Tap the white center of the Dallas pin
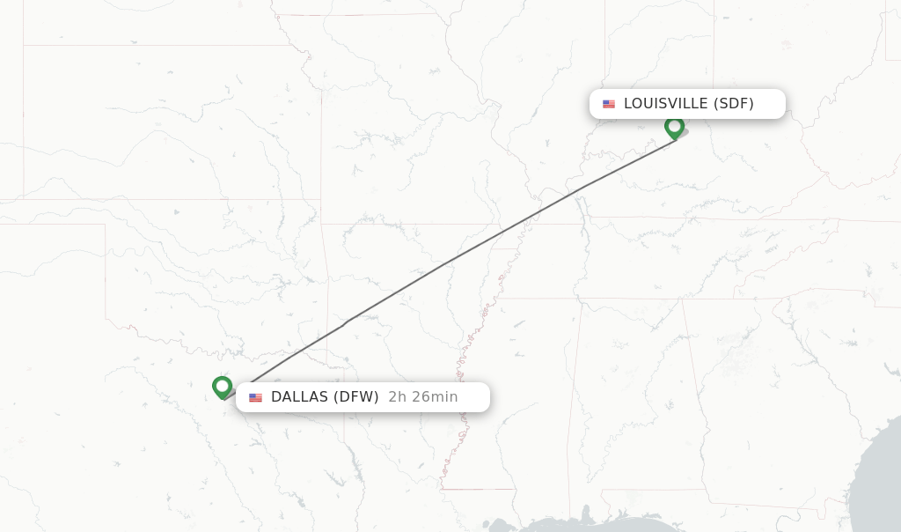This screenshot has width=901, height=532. click(222, 385)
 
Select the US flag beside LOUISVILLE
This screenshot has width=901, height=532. click(609, 104)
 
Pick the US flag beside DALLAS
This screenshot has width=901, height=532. click(255, 397)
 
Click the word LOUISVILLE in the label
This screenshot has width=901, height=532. click(665, 103)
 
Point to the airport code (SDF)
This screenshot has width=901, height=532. click(734, 103)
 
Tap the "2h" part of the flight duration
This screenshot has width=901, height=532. click(397, 396)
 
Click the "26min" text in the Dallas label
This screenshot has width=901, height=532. click(434, 396)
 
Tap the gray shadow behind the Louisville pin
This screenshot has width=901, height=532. click(682, 133)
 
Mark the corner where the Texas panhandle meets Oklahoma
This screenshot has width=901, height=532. click(106, 225)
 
